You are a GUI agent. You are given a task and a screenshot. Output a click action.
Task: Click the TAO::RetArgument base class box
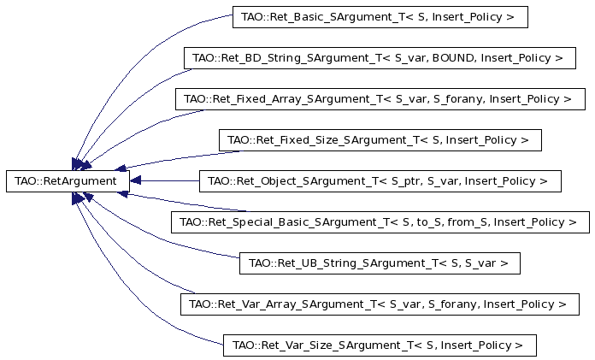(x=68, y=181)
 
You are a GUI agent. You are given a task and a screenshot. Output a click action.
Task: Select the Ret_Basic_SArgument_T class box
(x=380, y=17)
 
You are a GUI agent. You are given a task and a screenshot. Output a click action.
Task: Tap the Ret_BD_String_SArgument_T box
(x=380, y=58)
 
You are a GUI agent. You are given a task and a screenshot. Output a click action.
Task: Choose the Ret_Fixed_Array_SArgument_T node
(x=380, y=99)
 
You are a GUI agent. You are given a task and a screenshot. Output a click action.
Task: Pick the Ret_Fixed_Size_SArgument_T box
(x=380, y=140)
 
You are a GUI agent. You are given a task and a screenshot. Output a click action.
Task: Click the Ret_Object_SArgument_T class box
(x=380, y=181)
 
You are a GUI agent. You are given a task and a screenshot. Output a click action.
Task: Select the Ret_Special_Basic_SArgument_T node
(x=380, y=222)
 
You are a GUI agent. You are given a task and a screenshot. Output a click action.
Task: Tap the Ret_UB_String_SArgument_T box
(x=380, y=263)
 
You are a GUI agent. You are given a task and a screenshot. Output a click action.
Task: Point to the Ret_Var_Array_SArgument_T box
(x=380, y=304)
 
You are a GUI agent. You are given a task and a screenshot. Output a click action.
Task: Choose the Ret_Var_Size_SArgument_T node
(x=380, y=345)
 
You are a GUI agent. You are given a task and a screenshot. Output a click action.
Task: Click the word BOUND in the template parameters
(x=453, y=58)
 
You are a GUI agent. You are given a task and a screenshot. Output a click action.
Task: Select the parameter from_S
(x=468, y=222)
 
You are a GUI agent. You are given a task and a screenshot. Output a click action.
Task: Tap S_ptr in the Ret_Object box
(x=406, y=181)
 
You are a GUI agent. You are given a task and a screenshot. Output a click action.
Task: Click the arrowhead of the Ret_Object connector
(x=135, y=180)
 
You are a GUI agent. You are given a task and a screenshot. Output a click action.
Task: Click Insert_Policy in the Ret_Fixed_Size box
(x=481, y=140)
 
